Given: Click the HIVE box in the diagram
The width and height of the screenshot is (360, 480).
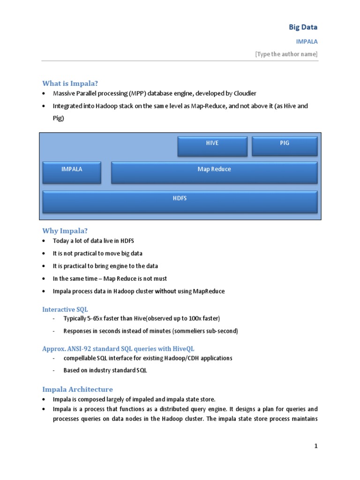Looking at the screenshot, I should pos(212,146).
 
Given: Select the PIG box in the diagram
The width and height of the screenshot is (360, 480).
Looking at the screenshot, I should pos(285,146).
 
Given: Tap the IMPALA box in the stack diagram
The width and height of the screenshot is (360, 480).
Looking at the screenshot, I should pos(72,172).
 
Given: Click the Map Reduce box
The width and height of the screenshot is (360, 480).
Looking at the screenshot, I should pos(214,172).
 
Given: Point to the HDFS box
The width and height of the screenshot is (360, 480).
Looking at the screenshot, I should pos(180,202).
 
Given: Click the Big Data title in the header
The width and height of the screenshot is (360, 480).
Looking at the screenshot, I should pos(303,27).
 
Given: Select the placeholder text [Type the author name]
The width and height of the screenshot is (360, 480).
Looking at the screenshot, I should pos(286,54).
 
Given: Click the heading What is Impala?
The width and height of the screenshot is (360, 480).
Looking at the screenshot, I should pos(70,83).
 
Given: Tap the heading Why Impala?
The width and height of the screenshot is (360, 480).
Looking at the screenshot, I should pos(65,231).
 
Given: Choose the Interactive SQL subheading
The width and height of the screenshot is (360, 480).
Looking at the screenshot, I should pos(65,309).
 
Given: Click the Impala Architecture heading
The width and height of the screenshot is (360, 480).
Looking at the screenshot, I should pos(77,389).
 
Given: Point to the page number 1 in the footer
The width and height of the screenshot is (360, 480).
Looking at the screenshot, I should pos(316,446).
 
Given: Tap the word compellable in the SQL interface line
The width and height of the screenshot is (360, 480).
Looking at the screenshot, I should pos(80,358).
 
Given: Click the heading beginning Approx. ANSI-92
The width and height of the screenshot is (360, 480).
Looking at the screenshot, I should pos(118,349).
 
